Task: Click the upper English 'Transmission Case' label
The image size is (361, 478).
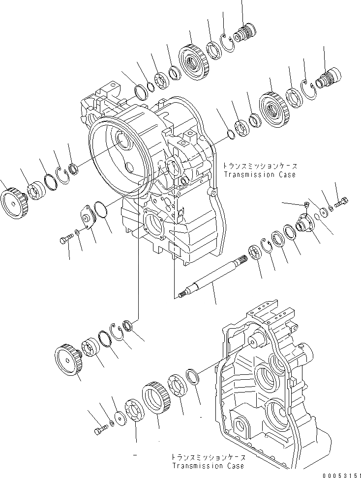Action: pyautogui.click(x=260, y=175)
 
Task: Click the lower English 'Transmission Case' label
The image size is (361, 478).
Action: pyautogui.click(x=208, y=465)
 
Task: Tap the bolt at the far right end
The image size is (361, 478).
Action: pyautogui.click(x=342, y=201)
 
